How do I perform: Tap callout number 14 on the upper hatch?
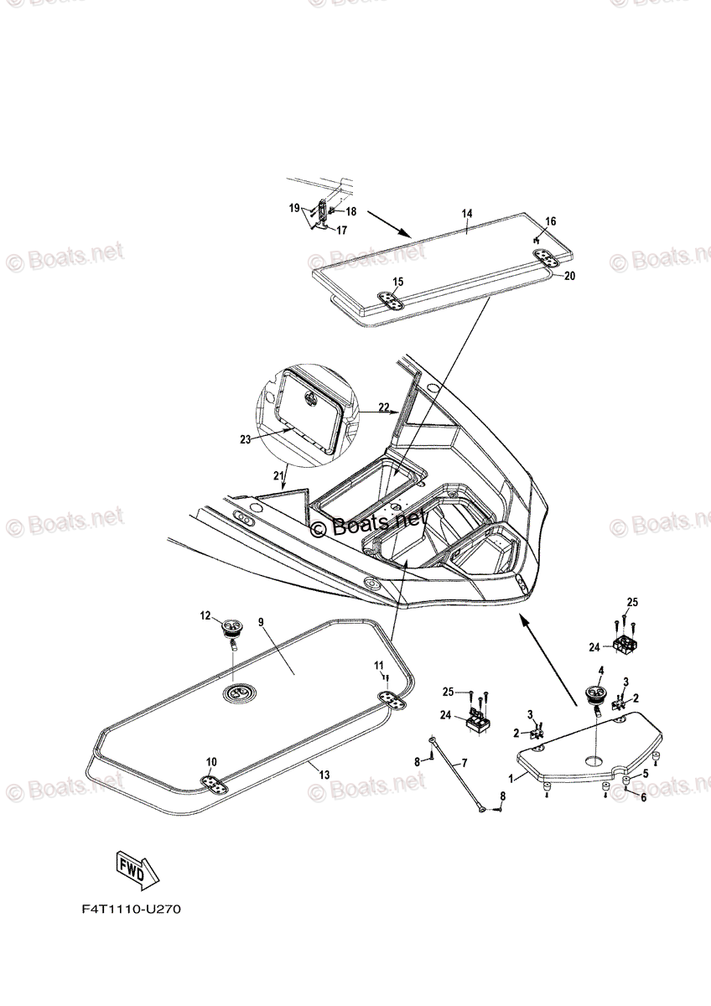click(467, 215)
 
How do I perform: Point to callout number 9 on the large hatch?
click(261, 622)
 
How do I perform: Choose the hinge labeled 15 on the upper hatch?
click(389, 300)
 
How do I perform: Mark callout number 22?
click(383, 407)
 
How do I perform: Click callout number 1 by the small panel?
click(511, 777)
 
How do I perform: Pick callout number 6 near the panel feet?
click(644, 797)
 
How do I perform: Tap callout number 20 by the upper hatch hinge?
click(569, 275)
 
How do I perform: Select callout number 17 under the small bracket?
click(342, 231)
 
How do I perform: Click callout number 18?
click(350, 211)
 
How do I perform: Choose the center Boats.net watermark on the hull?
click(369, 525)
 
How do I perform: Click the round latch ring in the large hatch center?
click(237, 692)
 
